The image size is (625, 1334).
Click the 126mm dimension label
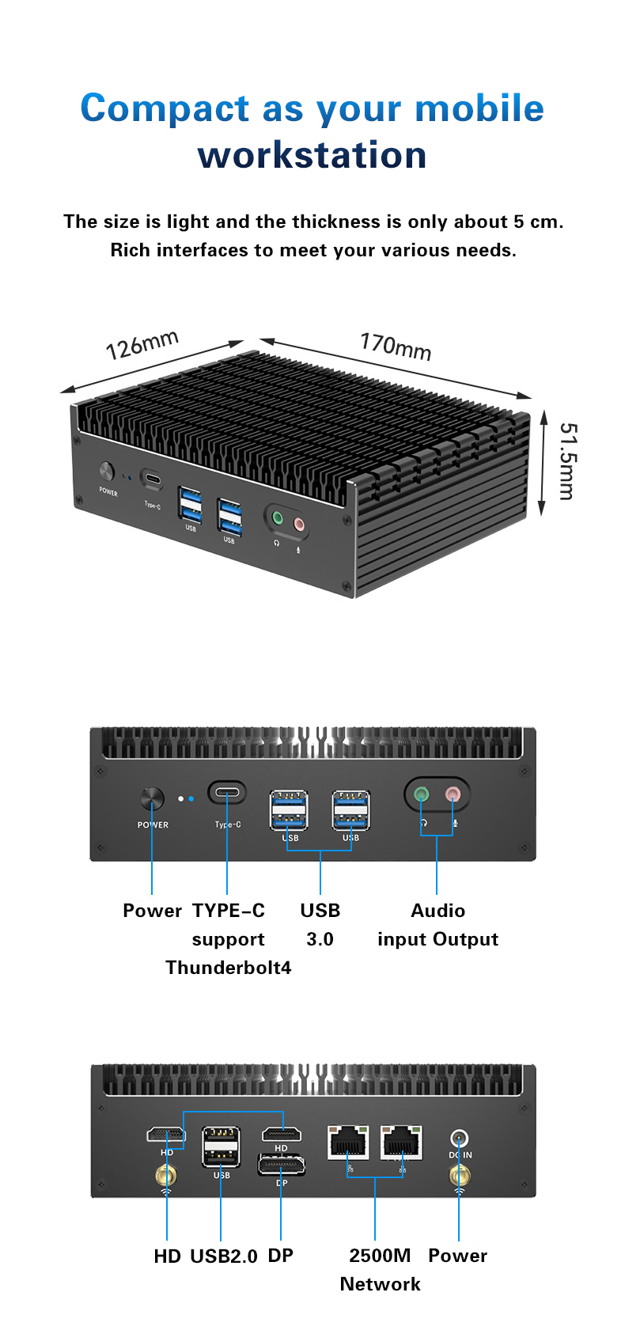(142, 345)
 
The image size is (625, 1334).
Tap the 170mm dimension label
(396, 347)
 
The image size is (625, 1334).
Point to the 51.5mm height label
(567, 461)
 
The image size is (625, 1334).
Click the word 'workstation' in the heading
(312, 155)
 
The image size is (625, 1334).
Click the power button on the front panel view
(152, 798)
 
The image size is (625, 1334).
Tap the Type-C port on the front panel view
(227, 793)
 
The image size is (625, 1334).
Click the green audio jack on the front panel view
(422, 794)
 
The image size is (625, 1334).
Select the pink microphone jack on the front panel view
(453, 794)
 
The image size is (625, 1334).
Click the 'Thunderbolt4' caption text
(229, 967)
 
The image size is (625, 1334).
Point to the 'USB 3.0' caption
(320, 924)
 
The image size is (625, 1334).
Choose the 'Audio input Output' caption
(437, 925)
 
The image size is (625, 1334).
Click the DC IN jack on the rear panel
(459, 1138)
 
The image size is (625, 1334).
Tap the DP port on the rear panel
(281, 1165)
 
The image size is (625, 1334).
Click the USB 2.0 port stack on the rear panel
(222, 1146)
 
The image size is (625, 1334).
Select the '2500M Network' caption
(380, 1269)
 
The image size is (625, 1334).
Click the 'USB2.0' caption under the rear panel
(224, 1256)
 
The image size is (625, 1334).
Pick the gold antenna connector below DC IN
(459, 1176)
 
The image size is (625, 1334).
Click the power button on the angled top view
(107, 471)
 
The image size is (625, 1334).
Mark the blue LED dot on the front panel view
(191, 798)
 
